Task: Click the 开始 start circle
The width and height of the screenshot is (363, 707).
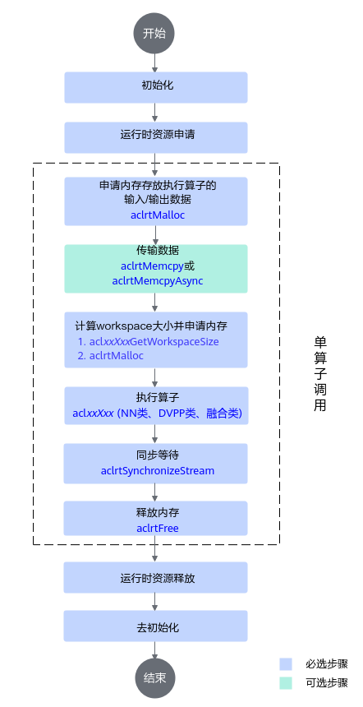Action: point(154,35)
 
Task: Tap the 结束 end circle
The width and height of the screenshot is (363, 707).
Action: point(154,678)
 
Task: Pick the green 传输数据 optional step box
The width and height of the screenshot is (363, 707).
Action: point(156,269)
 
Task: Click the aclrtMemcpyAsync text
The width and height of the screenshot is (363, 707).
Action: point(158,281)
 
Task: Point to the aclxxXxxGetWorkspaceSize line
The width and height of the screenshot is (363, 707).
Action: point(148,342)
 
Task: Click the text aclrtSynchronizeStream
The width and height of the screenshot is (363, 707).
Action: point(158,471)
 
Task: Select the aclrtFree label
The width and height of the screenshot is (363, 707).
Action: point(158,528)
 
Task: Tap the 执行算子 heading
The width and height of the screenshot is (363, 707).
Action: point(158,398)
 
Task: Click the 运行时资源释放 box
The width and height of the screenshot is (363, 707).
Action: point(156,578)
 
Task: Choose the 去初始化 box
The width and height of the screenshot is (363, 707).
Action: point(156,626)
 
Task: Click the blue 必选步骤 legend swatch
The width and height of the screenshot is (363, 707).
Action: point(286,664)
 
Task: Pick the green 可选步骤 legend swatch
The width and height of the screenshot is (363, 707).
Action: point(286,682)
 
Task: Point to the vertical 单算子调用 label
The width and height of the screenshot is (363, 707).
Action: point(319,373)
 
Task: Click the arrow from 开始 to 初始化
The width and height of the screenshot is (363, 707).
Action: point(155,63)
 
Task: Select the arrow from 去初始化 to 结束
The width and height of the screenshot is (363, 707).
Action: point(155,650)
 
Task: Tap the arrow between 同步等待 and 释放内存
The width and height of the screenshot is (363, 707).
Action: point(155,492)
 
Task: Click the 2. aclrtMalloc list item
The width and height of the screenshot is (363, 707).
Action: point(110,356)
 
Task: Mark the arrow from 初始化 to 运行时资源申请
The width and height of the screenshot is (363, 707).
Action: point(155,113)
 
